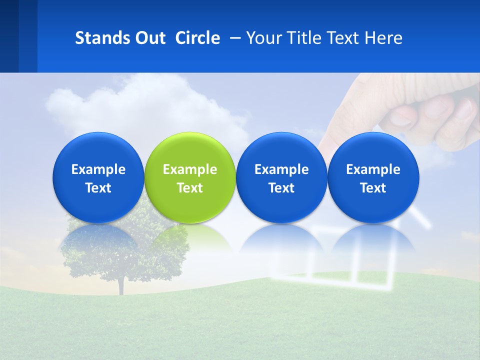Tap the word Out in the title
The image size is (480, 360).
coord(149,38)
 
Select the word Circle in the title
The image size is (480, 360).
coord(197,38)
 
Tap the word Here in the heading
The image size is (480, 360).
coord(383,38)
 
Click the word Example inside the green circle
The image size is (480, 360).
coord(190,169)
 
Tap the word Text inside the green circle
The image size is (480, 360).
coord(190,188)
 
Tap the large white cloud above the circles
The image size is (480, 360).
coord(145,105)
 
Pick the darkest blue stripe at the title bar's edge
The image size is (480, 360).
coord(9,36)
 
